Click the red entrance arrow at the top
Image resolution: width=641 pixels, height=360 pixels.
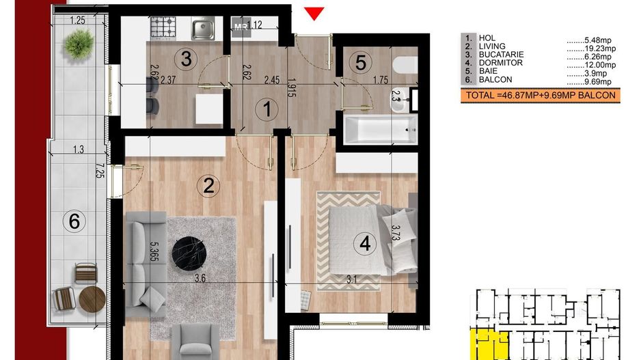pos(314,13)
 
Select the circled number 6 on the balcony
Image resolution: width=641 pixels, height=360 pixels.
pos(74,220)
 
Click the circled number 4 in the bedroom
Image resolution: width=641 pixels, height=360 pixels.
pos(366,243)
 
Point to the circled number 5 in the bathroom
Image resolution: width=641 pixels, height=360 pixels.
pos(359,63)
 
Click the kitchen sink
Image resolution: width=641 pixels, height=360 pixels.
pos(203,29)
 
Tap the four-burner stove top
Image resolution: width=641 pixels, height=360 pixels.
pos(163,28)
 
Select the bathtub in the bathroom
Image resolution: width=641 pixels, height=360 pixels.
pos(380,129)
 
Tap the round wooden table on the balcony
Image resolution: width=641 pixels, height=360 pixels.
pos(92,299)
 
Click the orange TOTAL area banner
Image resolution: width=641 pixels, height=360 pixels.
pos(540,96)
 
